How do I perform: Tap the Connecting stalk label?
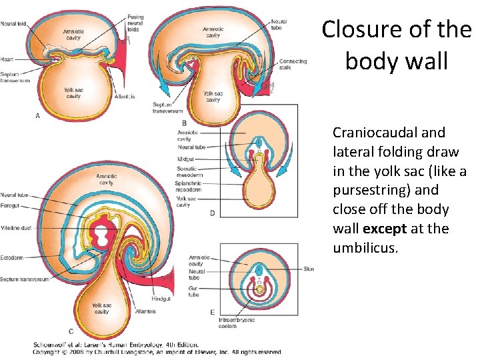click(293, 65)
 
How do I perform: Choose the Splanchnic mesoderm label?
click(192, 187)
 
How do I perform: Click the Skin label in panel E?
click(308, 269)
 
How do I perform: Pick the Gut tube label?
click(194, 291)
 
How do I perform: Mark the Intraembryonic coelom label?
click(237, 323)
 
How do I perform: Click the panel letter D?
click(212, 213)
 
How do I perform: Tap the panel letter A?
click(37, 115)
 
